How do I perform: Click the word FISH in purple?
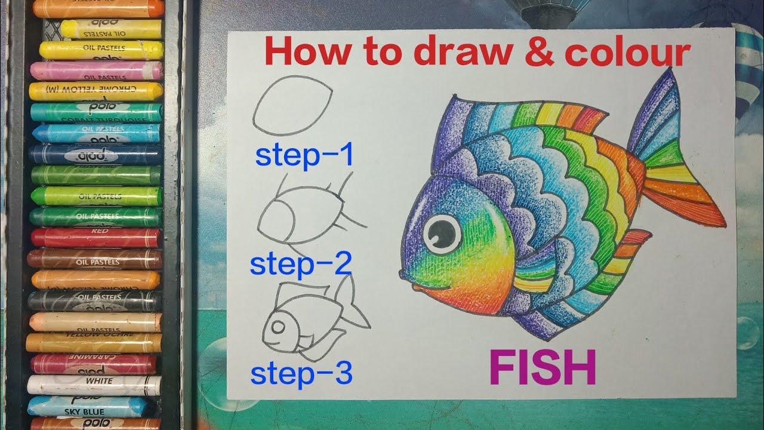tap(543, 367)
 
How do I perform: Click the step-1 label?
tap(304, 155)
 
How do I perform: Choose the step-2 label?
tap(300, 265)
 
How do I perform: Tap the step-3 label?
tap(301, 373)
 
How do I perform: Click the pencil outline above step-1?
tap(292, 110)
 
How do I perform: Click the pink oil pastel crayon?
tap(95, 70)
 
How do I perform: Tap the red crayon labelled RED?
tap(95, 238)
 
